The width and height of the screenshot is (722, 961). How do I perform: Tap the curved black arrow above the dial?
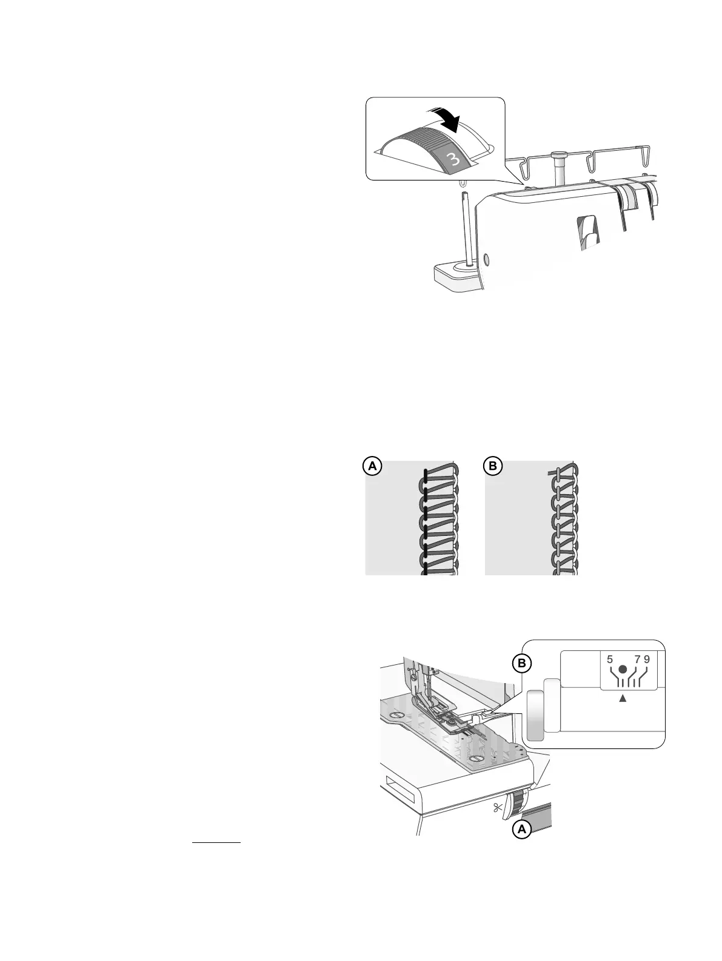(445, 120)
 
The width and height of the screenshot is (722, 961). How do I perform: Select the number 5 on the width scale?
(609, 659)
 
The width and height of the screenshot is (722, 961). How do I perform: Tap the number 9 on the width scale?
(647, 659)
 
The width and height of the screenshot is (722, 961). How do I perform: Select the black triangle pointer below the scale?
(623, 698)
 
